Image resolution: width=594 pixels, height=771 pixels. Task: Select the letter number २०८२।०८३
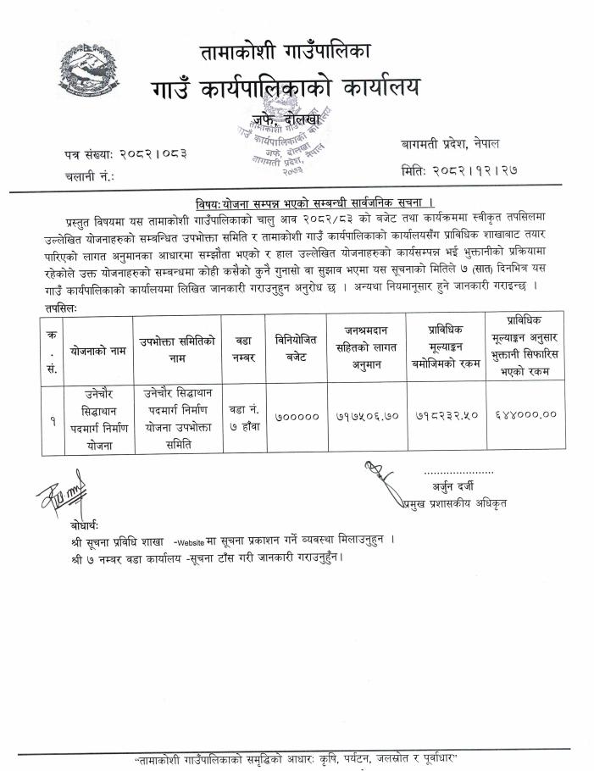click(154, 153)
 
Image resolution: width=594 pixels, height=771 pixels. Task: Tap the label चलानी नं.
click(87, 177)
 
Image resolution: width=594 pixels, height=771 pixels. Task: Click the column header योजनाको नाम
click(93, 348)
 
